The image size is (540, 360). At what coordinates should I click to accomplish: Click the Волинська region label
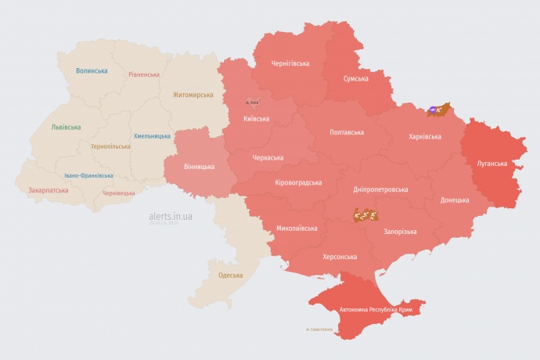click(92, 70)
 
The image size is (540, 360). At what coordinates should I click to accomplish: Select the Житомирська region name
click(193, 95)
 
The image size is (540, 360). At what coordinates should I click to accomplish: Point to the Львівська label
click(66, 127)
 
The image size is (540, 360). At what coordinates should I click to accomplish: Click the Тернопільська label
click(111, 146)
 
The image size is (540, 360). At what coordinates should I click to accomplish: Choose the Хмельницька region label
click(152, 136)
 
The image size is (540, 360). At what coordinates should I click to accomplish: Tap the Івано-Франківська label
click(88, 175)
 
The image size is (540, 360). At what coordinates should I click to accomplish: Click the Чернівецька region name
click(118, 193)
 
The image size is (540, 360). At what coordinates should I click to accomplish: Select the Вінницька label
click(199, 167)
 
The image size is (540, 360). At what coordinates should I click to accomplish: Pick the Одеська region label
click(230, 275)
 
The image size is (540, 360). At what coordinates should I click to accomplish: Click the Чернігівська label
click(290, 63)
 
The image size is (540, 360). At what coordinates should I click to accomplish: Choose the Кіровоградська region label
click(298, 182)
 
